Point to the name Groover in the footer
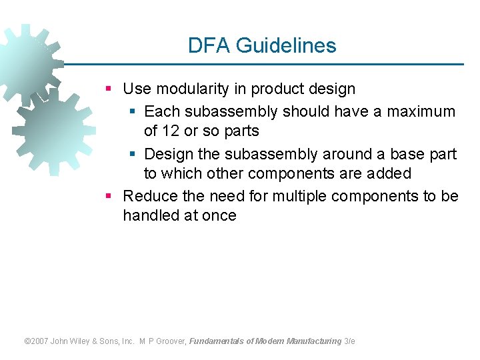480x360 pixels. (171, 341)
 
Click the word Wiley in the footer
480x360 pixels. (85, 341)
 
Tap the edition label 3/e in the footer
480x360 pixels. (349, 341)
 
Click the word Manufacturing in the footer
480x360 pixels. (313, 341)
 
